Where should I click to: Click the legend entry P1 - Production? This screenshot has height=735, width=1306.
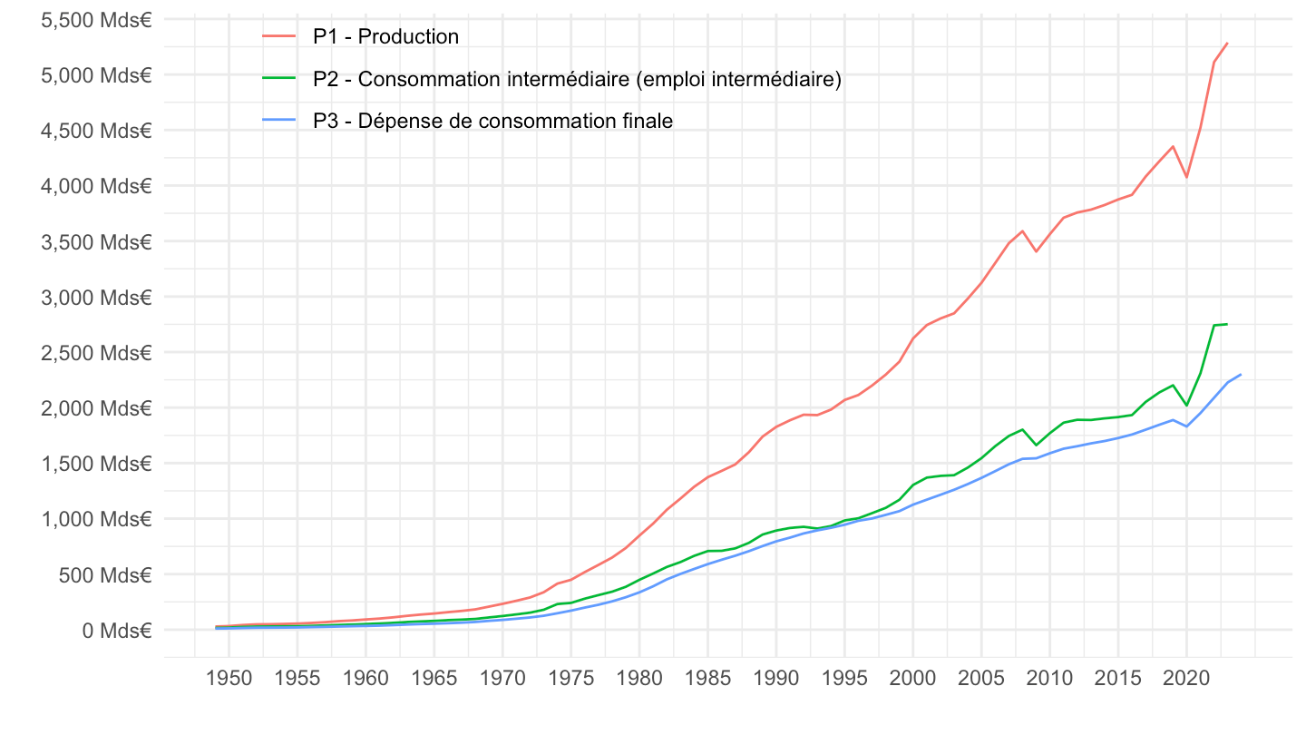click(x=385, y=36)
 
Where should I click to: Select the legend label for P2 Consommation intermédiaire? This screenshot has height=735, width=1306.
click(x=577, y=79)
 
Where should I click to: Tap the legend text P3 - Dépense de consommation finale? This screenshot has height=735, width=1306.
click(x=492, y=121)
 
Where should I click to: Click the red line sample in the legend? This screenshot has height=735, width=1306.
click(x=278, y=36)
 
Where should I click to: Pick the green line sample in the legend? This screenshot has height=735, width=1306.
click(x=278, y=79)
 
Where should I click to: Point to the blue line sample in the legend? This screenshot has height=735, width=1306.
click(x=278, y=121)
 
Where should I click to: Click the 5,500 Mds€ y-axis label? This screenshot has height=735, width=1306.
click(x=96, y=19)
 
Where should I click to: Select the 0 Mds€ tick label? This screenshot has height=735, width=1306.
click(x=116, y=630)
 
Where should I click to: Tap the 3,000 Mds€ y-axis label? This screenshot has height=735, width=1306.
click(x=96, y=297)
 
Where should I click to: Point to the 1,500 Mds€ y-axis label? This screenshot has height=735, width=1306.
click(x=96, y=464)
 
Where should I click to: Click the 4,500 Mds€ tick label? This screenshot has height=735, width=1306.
click(x=96, y=131)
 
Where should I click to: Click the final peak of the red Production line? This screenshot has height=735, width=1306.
click(x=1227, y=43)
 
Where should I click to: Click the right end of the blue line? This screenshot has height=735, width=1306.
click(x=1241, y=375)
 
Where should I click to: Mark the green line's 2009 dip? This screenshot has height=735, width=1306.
click(x=1036, y=445)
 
